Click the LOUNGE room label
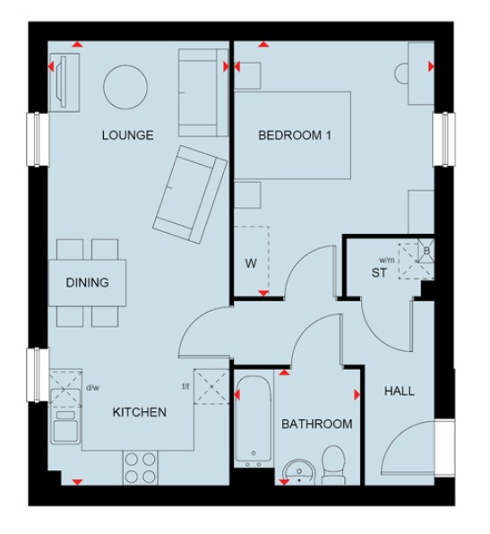point(128,135)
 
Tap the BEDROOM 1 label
point(295,135)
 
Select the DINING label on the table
point(87,282)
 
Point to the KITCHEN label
point(139,412)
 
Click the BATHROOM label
point(317,424)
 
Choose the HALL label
point(400,391)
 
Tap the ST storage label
point(379,272)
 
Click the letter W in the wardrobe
point(251,263)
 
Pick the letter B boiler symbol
point(426,251)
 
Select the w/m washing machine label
point(387,260)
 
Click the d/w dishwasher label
point(92,388)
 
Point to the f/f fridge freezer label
point(185,386)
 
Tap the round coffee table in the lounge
point(125,87)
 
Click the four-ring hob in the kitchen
point(141,468)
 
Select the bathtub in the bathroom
point(254,419)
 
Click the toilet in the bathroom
point(334,465)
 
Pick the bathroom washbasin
point(299,472)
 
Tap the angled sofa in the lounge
point(190,194)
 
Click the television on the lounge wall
point(62,82)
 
